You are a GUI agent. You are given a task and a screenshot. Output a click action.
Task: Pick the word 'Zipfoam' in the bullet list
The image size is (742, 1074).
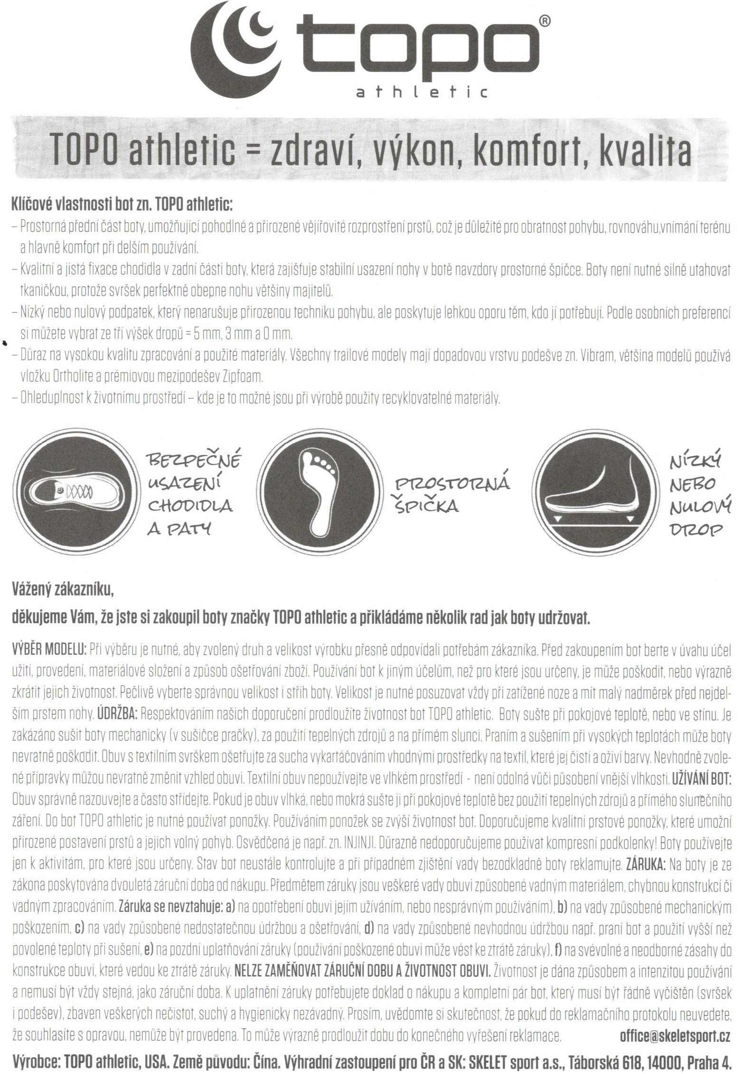[x=242, y=377]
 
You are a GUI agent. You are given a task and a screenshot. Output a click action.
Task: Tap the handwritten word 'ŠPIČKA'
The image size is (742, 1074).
[x=427, y=507]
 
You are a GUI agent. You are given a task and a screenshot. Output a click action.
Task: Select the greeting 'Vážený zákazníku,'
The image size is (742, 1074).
[x=63, y=590]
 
